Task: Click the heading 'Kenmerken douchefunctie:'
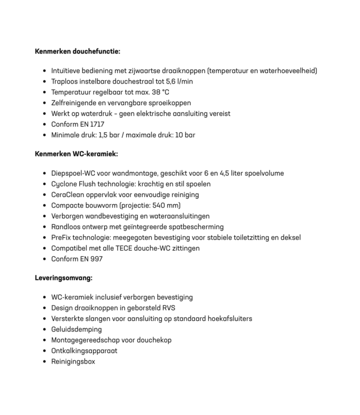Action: (x=77, y=51)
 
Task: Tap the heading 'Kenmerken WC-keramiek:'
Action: (x=76, y=154)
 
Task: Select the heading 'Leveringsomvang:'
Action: (x=64, y=278)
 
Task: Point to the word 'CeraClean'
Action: (x=67, y=195)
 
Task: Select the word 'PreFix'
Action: (x=60, y=237)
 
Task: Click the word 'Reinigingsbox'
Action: (x=73, y=361)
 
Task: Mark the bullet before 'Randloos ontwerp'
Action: (x=44, y=227)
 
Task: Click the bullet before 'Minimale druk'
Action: (x=44, y=135)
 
